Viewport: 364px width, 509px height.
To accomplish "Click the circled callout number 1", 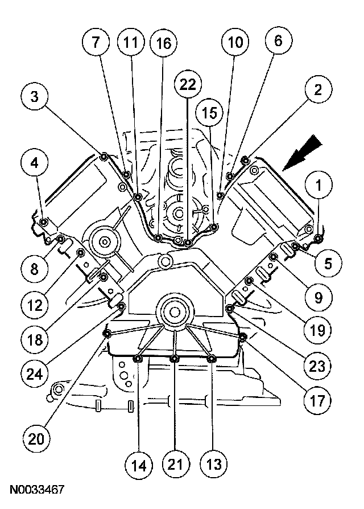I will [319, 186].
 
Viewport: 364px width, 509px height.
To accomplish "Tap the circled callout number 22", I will [188, 85].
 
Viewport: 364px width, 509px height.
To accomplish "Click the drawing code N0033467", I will [36, 489].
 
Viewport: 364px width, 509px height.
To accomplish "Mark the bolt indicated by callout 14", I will [138, 358].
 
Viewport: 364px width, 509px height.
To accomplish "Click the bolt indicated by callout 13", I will [212, 358].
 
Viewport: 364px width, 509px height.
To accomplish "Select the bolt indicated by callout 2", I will [245, 159].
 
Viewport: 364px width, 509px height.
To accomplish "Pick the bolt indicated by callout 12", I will [81, 253].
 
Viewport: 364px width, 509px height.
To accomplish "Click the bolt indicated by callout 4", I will [43, 222].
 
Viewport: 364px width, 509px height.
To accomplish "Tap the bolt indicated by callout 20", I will [106, 333].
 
